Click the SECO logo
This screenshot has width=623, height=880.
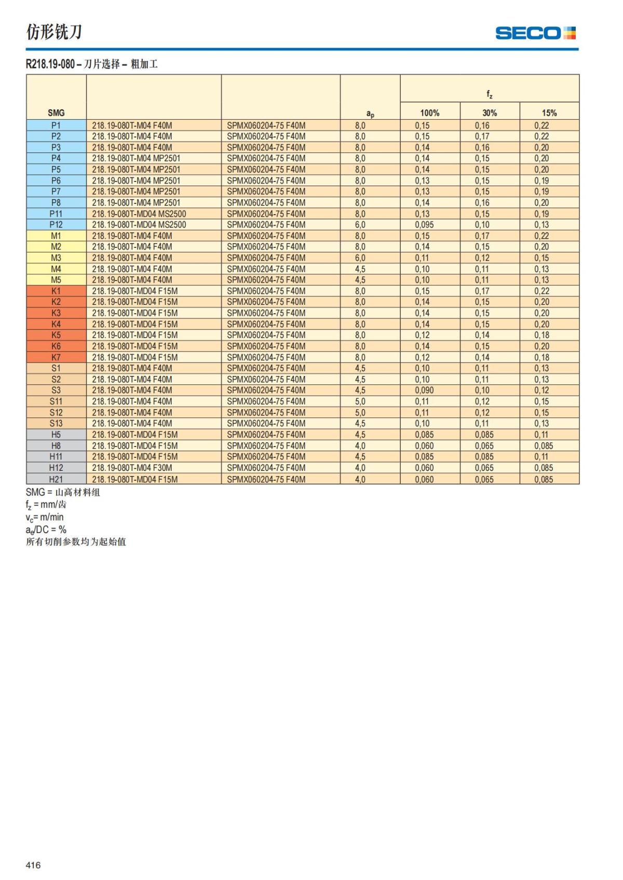tap(535, 33)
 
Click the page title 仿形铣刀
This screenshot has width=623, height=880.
tap(54, 32)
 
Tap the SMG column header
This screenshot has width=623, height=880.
tap(56, 113)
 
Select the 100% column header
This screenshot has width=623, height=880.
tap(430, 113)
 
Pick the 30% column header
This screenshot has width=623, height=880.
tap(490, 113)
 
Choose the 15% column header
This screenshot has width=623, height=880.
tap(549, 113)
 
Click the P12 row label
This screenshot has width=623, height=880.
tap(56, 225)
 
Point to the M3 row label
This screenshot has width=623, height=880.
tap(56, 258)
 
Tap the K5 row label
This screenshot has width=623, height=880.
tap(56, 335)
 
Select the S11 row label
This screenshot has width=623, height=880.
tap(56, 401)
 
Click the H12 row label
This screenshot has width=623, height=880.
tap(56, 468)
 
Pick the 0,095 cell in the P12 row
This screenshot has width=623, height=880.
tap(424, 225)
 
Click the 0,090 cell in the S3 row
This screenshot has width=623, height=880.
tap(424, 390)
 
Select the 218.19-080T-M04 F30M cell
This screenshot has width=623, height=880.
tap(132, 468)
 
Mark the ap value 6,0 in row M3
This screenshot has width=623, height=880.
tap(360, 258)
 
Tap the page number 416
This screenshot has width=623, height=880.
tap(33, 865)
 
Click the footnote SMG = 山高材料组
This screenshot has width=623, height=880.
tap(63, 492)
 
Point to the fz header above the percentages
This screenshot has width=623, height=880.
tap(490, 94)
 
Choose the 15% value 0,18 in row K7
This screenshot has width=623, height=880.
tap(541, 357)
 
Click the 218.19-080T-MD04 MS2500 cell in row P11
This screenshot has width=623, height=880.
tap(139, 214)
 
